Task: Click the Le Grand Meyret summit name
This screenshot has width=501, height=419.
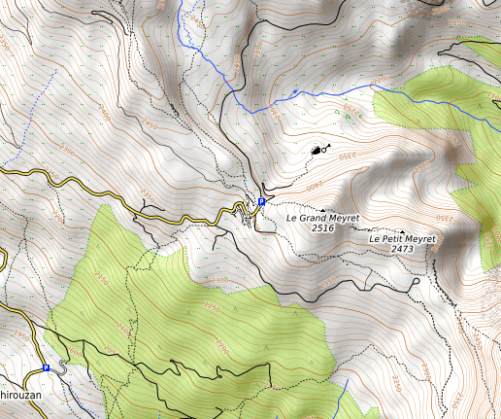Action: tap(322, 218)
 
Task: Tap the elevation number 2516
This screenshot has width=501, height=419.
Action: tap(322, 228)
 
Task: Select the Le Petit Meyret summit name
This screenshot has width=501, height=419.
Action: tap(403, 239)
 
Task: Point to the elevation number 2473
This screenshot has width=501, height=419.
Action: tap(403, 250)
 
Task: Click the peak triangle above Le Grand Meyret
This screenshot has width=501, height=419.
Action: tap(322, 209)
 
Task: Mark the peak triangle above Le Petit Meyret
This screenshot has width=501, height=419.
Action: tap(402, 231)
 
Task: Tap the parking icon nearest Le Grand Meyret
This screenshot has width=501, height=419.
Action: tap(261, 202)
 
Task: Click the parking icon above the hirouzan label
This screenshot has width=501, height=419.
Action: tap(46, 368)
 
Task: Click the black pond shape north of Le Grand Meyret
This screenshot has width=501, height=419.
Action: tap(316, 151)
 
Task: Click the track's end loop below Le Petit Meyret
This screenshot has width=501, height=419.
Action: tap(416, 283)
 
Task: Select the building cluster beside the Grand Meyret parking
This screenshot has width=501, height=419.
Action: tap(248, 216)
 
